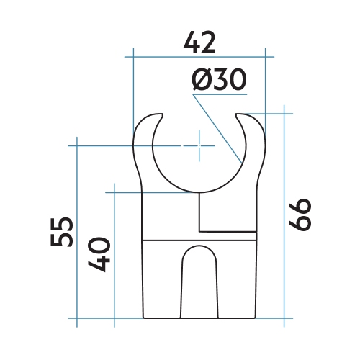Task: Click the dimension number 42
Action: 199,42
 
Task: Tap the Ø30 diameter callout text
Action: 220,79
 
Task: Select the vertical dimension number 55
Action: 62,232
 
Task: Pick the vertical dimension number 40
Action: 99,254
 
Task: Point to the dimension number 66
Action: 300,215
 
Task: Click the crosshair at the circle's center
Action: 199,145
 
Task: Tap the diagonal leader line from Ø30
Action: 217,129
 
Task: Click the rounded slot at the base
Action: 199,282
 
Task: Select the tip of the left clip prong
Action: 163,114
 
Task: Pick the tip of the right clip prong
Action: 237,114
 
